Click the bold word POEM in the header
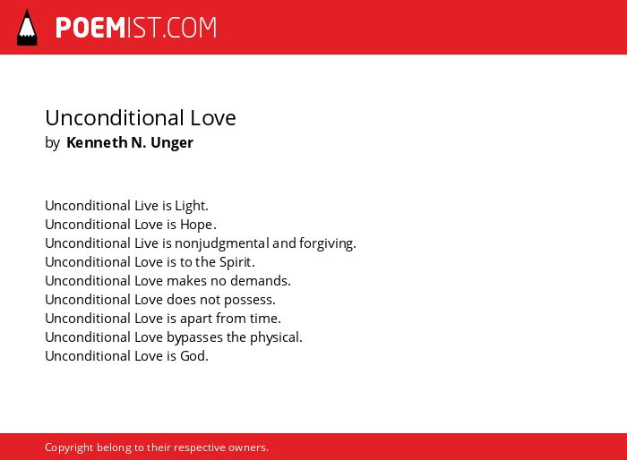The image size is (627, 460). [90, 28]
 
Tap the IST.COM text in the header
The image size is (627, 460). [172, 28]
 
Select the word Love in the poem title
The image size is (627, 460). [213, 118]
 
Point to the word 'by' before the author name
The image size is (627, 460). [52, 143]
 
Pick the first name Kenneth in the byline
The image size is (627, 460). [97, 142]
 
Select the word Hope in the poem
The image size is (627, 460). [198, 225]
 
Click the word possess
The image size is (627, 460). [250, 301]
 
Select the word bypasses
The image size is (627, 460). [194, 337]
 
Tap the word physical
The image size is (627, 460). [276, 337]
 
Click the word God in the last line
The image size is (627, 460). [194, 356]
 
